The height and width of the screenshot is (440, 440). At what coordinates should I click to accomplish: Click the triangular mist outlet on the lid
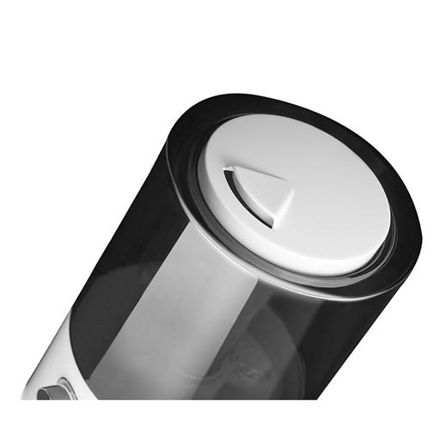coord(255,194)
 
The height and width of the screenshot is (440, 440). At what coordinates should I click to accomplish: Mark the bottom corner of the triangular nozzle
coord(272,225)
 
